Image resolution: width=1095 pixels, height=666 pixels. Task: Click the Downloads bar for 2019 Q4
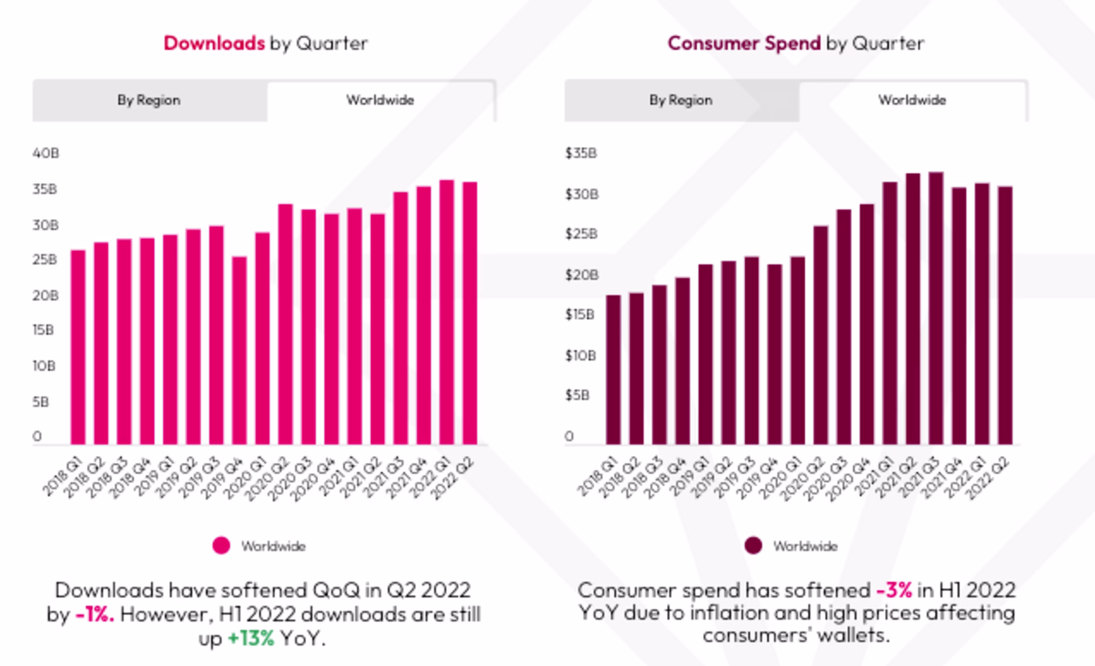pyautogui.click(x=239, y=350)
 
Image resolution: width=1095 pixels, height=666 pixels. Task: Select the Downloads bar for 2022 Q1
pyautogui.click(x=447, y=312)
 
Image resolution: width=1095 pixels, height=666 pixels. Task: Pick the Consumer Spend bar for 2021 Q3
pyautogui.click(x=936, y=308)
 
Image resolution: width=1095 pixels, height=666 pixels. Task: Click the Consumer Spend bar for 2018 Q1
pyautogui.click(x=613, y=369)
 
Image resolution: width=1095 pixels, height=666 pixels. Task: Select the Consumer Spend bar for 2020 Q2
pyautogui.click(x=821, y=335)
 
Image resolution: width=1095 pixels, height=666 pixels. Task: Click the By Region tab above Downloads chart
pyautogui.click(x=149, y=100)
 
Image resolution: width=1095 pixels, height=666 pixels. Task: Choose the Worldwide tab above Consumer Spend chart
pyautogui.click(x=912, y=100)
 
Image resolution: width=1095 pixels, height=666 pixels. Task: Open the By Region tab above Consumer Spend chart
pyautogui.click(x=681, y=100)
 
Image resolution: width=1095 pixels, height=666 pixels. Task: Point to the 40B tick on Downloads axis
pyautogui.click(x=46, y=153)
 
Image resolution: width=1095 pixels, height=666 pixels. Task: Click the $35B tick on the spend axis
pyautogui.click(x=581, y=153)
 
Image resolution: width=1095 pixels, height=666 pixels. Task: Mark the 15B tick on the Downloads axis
pyautogui.click(x=43, y=330)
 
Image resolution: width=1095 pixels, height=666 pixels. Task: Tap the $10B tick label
pyautogui.click(x=581, y=356)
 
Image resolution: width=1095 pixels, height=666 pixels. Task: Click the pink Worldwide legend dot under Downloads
pyautogui.click(x=221, y=546)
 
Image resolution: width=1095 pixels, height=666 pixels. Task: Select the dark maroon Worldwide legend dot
pyautogui.click(x=753, y=546)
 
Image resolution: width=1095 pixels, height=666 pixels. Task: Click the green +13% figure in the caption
pyautogui.click(x=251, y=638)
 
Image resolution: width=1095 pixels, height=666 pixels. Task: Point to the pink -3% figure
pyautogui.click(x=894, y=590)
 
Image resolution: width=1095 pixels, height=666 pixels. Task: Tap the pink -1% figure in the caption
pyautogui.click(x=95, y=615)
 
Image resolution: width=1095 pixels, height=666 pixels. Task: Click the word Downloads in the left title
pyautogui.click(x=214, y=43)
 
